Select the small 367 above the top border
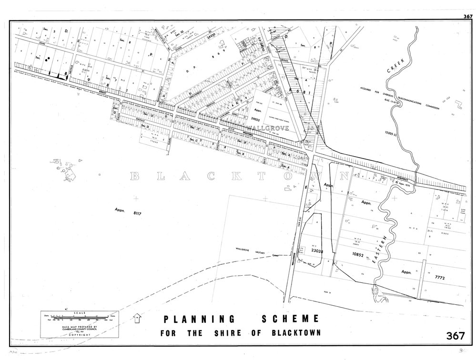click(x=467, y=17)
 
